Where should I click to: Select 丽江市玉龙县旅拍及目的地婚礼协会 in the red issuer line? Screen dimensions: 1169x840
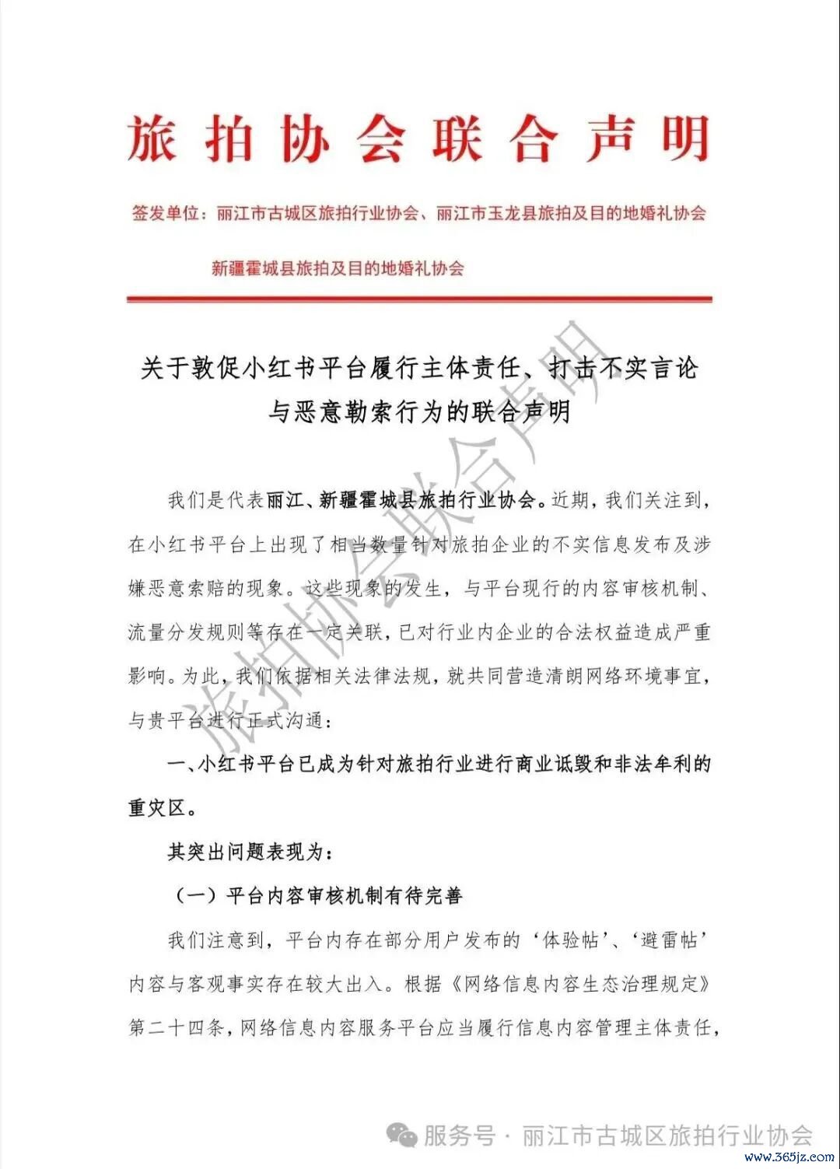[x=571, y=213]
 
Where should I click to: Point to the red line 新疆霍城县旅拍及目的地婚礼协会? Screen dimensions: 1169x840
[x=338, y=268]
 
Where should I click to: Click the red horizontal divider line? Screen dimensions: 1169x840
[x=419, y=299]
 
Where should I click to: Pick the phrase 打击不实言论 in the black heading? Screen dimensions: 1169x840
[x=623, y=367]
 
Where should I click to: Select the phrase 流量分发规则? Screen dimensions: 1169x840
[x=187, y=632]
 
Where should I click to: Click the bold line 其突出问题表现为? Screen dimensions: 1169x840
[x=249, y=852]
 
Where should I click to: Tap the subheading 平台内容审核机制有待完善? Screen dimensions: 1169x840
[x=344, y=895]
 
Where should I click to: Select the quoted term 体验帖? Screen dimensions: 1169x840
[x=571, y=940]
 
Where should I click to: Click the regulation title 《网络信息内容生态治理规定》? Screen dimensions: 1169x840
[x=580, y=984]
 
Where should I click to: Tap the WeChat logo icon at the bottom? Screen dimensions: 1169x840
[x=403, y=1136]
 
